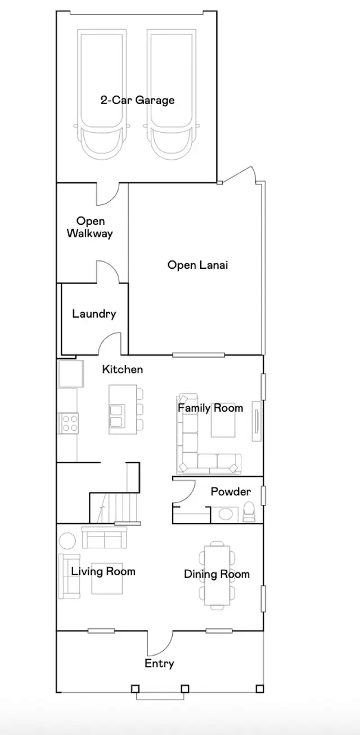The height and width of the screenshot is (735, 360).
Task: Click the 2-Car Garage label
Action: click(137, 100)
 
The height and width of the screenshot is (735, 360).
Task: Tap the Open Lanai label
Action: click(197, 265)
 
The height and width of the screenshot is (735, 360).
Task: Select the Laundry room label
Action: click(94, 314)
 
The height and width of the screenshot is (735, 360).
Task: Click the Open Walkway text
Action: click(90, 227)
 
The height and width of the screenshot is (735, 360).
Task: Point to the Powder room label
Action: click(231, 491)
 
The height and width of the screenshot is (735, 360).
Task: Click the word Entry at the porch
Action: click(159, 664)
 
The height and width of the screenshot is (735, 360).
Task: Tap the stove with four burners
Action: click(69, 423)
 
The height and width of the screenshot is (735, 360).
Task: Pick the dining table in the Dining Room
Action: click(217, 575)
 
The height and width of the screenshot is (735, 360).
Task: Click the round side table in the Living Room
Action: click(67, 540)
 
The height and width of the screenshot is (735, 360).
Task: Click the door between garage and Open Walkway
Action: click(108, 195)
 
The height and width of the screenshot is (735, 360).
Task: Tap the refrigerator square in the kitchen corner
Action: click(70, 374)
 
